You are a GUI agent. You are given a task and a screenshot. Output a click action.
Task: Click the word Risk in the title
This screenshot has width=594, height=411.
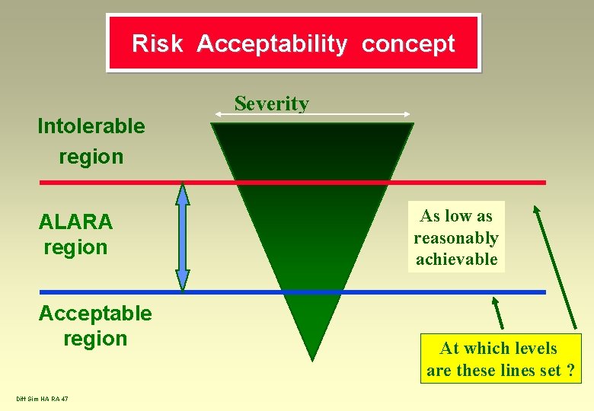pyautogui.click(x=157, y=43)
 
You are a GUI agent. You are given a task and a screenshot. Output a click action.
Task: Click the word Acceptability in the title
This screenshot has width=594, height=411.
pyautogui.click(x=272, y=43)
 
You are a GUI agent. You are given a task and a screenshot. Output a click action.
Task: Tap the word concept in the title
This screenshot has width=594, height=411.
pyautogui.click(x=408, y=43)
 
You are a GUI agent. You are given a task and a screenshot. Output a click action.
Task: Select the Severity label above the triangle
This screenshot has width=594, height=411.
pyautogui.click(x=272, y=103)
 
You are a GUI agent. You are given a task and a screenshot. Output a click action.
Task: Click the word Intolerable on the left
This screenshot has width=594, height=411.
pyautogui.click(x=91, y=126)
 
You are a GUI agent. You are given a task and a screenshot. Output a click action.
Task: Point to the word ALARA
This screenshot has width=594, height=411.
pyautogui.click(x=75, y=222)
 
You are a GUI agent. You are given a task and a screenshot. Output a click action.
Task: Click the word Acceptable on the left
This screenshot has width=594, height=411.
pyautogui.click(x=95, y=313)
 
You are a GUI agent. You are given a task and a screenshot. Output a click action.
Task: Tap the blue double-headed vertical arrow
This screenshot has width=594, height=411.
pyautogui.click(x=183, y=237)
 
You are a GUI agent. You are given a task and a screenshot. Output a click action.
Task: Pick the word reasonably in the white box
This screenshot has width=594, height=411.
pyautogui.click(x=456, y=238)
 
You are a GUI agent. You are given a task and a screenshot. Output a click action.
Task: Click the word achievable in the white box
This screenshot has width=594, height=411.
pyautogui.click(x=456, y=259)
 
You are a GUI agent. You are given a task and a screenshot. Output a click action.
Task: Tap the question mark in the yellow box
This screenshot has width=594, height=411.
pyautogui.click(x=570, y=371)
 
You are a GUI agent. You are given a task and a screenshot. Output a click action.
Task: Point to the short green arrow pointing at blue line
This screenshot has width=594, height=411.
pyautogui.click(x=497, y=312)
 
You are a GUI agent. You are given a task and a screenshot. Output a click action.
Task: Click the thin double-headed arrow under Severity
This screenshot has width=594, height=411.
pyautogui.click(x=313, y=115)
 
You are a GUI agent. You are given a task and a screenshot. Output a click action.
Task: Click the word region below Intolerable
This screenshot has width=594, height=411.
pyautogui.click(x=91, y=157)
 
